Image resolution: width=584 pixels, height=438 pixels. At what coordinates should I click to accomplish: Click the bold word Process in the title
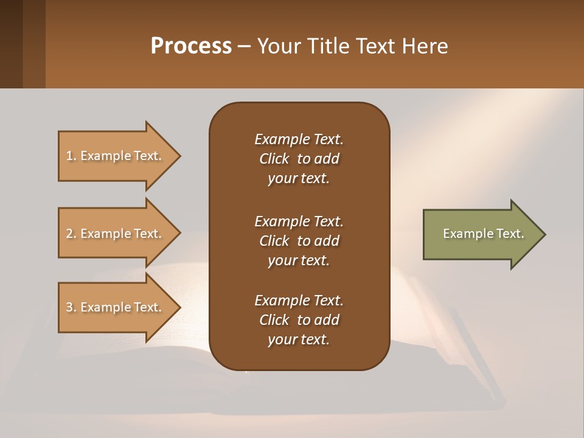(x=191, y=46)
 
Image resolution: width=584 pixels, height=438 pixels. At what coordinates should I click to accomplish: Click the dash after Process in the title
(x=245, y=47)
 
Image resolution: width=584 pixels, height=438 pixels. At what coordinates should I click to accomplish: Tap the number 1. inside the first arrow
(x=71, y=156)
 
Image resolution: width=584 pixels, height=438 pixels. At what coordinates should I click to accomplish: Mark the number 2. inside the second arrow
(x=71, y=234)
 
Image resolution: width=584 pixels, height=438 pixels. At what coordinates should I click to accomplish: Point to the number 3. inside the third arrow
(x=71, y=307)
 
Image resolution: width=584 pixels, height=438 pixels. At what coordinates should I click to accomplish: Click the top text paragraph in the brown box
(x=299, y=159)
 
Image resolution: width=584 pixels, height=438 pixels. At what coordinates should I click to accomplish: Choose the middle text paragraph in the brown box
(x=299, y=240)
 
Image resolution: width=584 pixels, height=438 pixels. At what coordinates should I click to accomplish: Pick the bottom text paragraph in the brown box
(x=299, y=320)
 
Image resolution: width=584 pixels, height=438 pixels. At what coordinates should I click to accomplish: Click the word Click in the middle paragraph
(x=274, y=240)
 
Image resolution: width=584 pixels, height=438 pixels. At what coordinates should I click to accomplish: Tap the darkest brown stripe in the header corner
(x=11, y=44)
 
